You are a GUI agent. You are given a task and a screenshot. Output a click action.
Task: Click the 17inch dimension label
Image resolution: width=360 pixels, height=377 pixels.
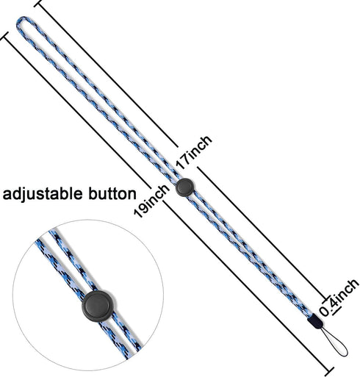pyautogui.click(x=194, y=152)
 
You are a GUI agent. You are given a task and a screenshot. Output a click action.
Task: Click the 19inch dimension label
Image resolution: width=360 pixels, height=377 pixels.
pyautogui.click(x=151, y=201)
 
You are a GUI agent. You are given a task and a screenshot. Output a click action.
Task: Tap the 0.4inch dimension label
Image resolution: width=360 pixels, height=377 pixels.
pyautogui.click(x=339, y=297)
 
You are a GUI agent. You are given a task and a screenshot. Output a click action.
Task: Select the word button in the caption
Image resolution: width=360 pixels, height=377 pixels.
pyautogui.click(x=112, y=193)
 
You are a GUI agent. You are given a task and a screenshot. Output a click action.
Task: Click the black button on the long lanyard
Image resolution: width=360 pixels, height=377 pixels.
pyautogui.click(x=185, y=187)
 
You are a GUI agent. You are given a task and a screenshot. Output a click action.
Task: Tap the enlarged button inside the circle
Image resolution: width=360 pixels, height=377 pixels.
pyautogui.click(x=98, y=306)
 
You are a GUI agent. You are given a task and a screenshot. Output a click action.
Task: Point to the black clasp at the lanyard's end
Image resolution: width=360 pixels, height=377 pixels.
pyautogui.click(x=315, y=322)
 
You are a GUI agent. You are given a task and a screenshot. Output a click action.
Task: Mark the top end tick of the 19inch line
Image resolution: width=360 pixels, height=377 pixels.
pyautogui.click(x=4, y=36)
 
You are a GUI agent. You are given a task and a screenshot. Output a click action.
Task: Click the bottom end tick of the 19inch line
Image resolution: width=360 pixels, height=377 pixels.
pyautogui.click(x=329, y=371)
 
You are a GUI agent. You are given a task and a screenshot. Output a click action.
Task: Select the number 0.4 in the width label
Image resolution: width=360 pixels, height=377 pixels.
pyautogui.click(x=329, y=307)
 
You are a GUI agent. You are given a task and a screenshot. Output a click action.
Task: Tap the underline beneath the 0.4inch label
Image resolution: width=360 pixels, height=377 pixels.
pyautogui.click(x=336, y=311)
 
